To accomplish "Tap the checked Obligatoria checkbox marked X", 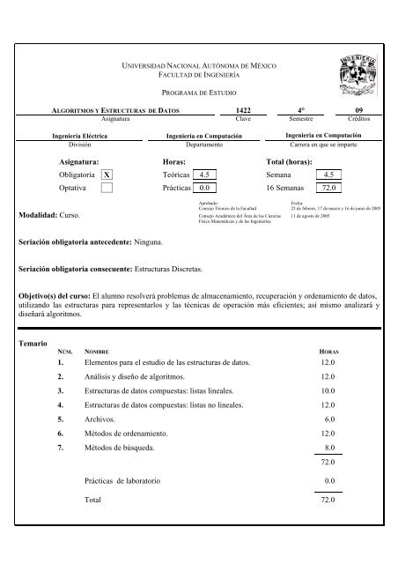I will coord(107,176).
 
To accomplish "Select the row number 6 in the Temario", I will coord(60,434).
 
